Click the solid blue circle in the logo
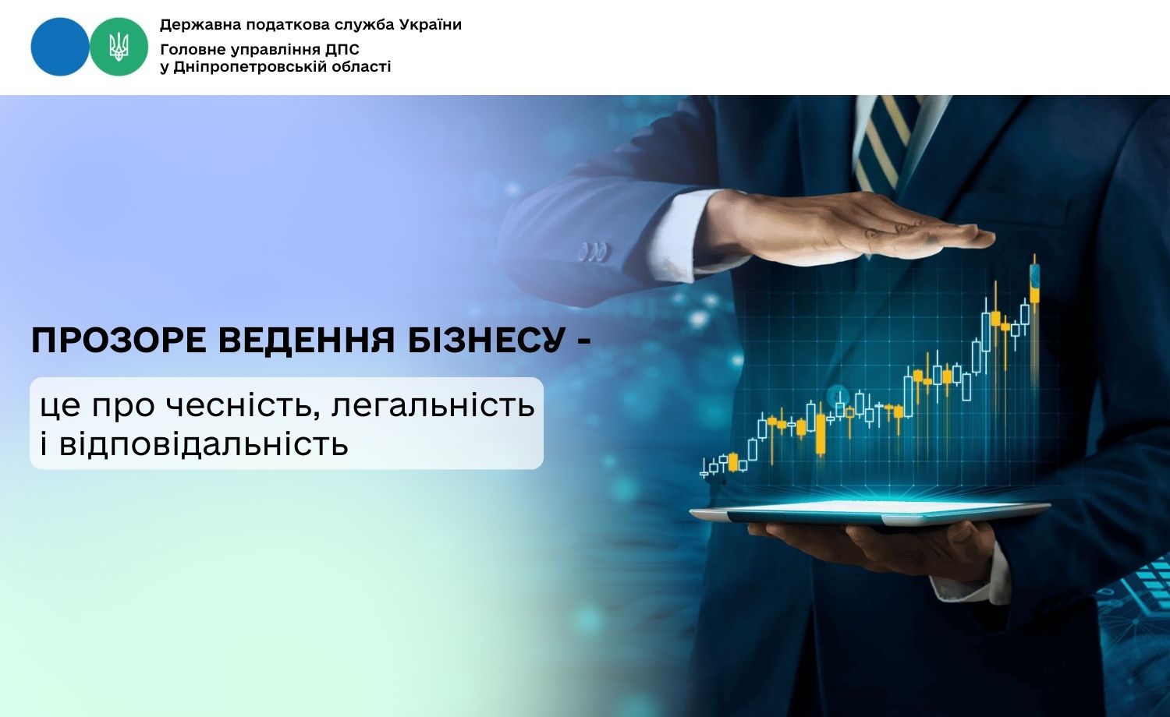point(59,47)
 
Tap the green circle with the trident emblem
point(119,47)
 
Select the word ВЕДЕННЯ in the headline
point(307,341)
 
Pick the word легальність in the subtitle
point(434,406)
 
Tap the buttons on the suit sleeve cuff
point(592,253)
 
